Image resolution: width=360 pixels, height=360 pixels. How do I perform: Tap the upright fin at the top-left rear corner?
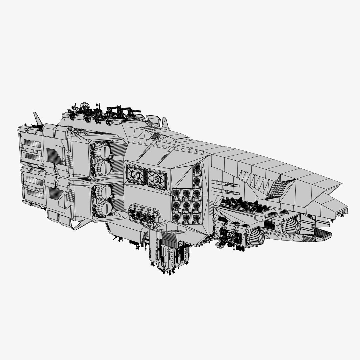38,118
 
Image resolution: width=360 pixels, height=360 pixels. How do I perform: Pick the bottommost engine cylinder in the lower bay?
104,208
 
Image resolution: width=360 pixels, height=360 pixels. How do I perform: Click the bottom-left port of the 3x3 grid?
176,218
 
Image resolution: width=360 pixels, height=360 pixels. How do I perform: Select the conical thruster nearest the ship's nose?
293,226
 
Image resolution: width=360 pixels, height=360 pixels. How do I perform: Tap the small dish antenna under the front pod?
220,245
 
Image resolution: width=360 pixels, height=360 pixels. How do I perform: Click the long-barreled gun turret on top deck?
132,110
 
